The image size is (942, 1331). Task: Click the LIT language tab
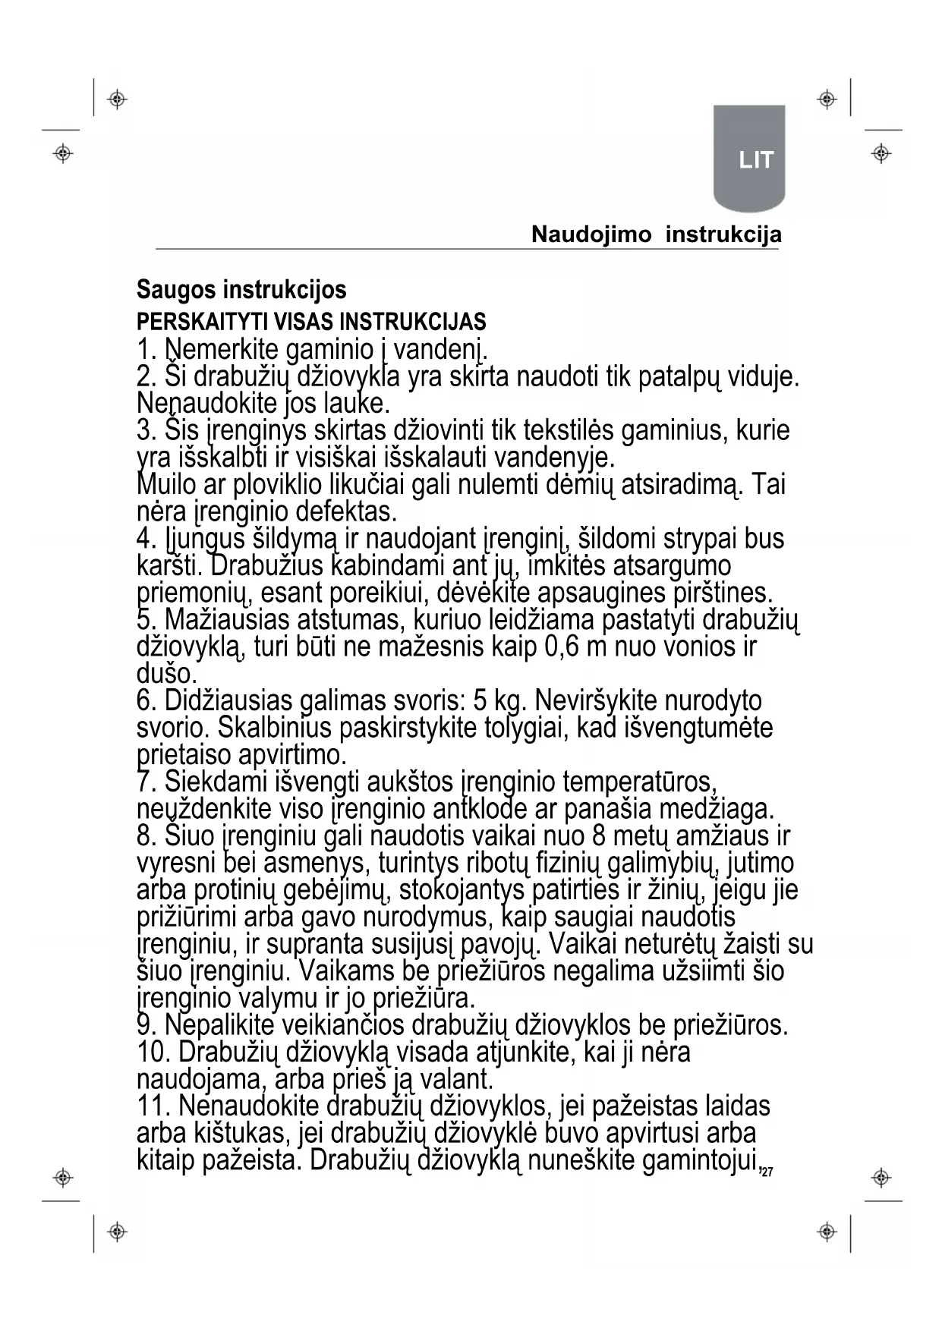(755, 160)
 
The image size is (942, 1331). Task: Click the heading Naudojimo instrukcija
(656, 234)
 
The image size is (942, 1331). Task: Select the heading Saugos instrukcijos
(241, 289)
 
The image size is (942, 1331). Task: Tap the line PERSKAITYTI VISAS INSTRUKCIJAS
(311, 321)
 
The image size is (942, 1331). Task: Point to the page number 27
(767, 1173)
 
